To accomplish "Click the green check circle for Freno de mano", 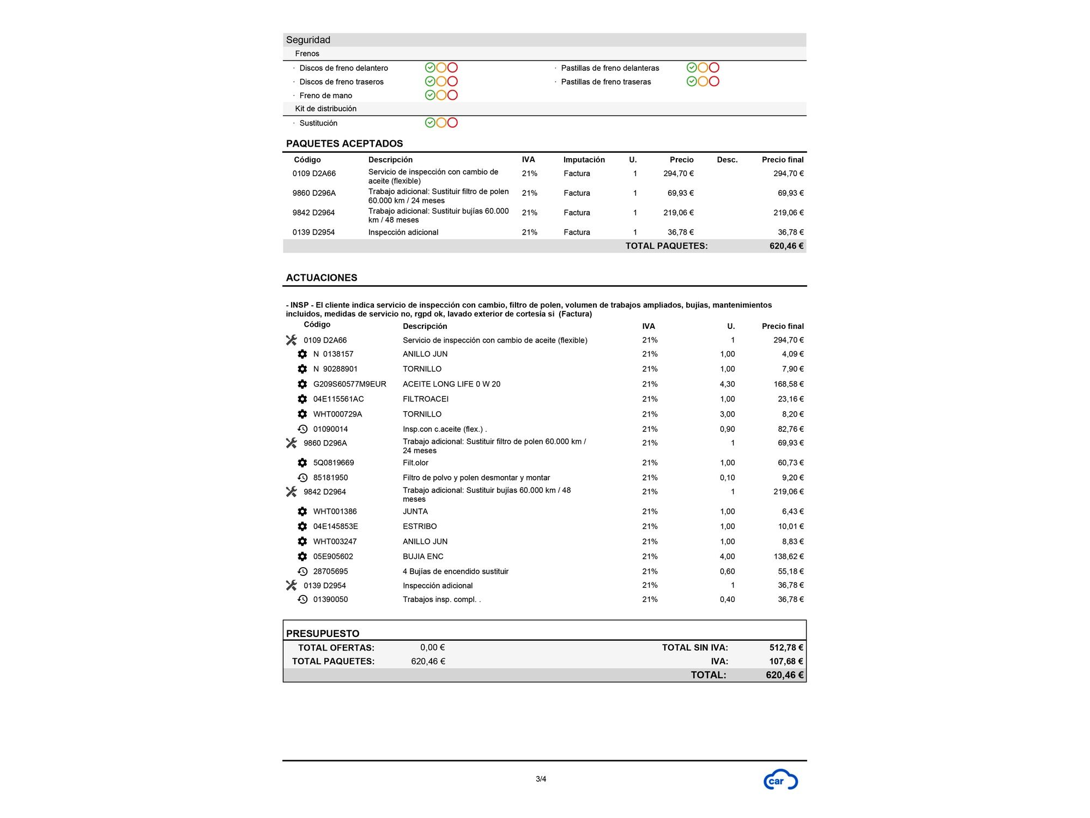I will pos(430,95).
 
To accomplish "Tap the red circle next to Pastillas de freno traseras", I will pos(714,81).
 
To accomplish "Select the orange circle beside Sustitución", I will pos(441,123).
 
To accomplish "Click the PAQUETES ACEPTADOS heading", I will pos(344,143).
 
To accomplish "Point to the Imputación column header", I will pos(584,160).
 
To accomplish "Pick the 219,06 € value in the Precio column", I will pos(678,213).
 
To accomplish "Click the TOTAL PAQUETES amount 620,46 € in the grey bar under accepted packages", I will pos(786,246).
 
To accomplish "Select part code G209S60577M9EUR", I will pos(349,384).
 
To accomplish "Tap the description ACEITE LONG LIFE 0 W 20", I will pos(451,384).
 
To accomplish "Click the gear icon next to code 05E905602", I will pos(302,556).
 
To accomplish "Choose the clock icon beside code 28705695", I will pos(302,572).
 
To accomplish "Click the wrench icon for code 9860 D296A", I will pos(291,443).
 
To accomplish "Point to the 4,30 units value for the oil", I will pos(727,384).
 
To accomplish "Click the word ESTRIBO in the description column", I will pos(420,526).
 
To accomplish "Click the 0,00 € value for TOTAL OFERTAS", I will pos(432,647).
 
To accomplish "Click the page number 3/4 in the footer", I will pos(541,779).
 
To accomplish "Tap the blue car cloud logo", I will pos(780,780).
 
